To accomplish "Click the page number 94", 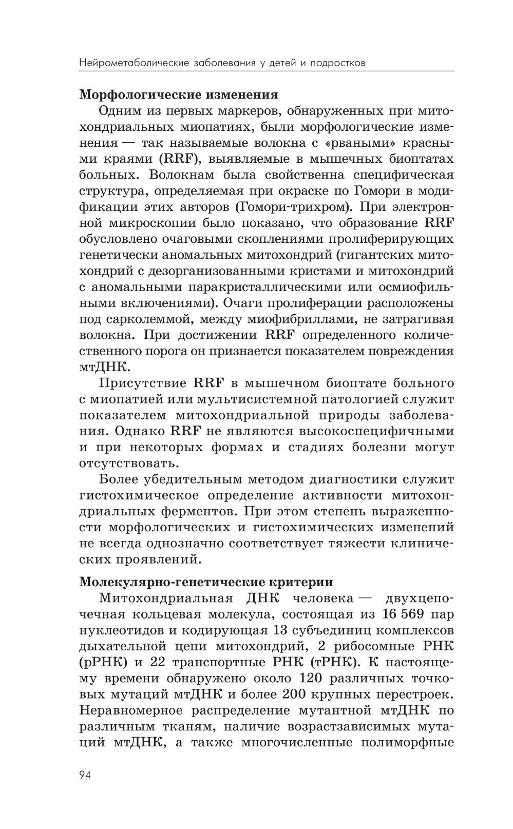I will (85, 775).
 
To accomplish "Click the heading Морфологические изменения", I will (179, 95).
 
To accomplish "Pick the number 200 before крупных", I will (296, 694).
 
